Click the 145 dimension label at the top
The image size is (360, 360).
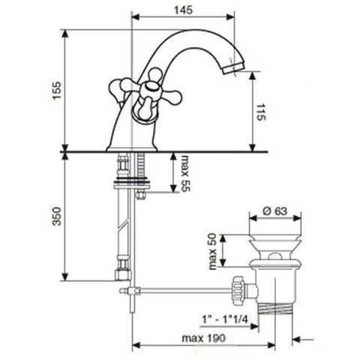[184, 10]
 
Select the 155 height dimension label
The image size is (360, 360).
[57, 90]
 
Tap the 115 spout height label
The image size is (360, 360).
[261, 112]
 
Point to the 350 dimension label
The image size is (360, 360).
[57, 217]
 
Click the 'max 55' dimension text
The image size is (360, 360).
[185, 172]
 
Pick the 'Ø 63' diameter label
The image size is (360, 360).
[275, 211]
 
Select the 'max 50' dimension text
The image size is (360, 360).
[212, 251]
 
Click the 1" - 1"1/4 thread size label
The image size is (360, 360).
[224, 319]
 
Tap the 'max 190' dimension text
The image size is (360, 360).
[203, 338]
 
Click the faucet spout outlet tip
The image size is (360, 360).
[233, 67]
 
